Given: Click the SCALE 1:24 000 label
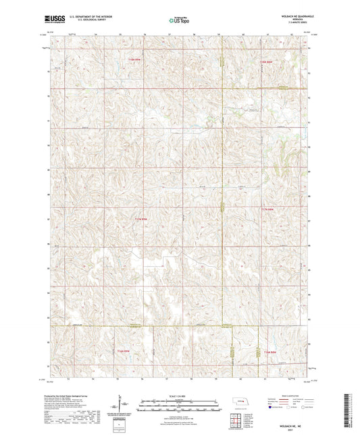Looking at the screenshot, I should [179, 395].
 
